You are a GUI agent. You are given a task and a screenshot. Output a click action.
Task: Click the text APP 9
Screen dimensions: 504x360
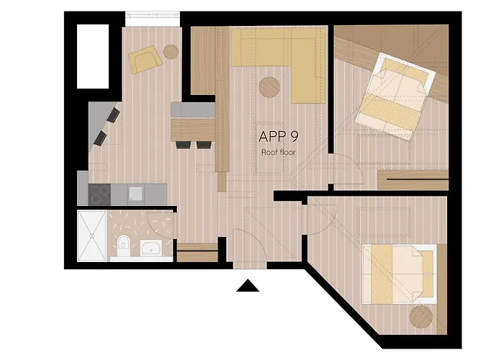tap(279, 136)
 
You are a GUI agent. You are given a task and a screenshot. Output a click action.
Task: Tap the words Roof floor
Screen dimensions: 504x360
tap(279, 152)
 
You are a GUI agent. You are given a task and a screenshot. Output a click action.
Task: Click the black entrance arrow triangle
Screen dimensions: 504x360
tap(248, 286)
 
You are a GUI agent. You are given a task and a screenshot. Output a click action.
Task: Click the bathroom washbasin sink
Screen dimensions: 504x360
tap(151, 248)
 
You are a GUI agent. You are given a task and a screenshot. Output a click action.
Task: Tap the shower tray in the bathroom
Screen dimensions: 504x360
tap(92, 236)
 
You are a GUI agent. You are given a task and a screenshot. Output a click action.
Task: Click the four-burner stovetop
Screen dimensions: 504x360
tap(99, 194)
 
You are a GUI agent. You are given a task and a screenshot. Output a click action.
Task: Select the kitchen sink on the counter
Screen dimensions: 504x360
tap(135, 194)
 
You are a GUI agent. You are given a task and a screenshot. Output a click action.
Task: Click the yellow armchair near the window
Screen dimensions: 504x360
tap(145, 60)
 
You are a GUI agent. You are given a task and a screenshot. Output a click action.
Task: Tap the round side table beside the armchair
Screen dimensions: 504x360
tap(171, 51)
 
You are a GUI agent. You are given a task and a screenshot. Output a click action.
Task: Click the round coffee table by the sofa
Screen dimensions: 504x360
tap(269, 87)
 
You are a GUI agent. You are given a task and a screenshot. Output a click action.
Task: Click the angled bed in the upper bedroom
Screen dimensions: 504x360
tap(396, 96)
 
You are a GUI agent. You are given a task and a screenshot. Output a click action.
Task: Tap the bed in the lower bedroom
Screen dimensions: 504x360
tap(400, 274)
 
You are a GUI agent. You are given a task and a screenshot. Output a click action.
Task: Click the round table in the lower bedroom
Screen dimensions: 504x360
tap(421, 317)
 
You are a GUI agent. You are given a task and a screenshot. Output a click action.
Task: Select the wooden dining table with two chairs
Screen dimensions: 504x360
tap(193, 130)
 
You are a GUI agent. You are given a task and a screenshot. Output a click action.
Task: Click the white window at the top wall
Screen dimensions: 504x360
tap(153, 19)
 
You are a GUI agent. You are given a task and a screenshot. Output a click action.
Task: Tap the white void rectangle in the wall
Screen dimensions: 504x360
tap(93, 56)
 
